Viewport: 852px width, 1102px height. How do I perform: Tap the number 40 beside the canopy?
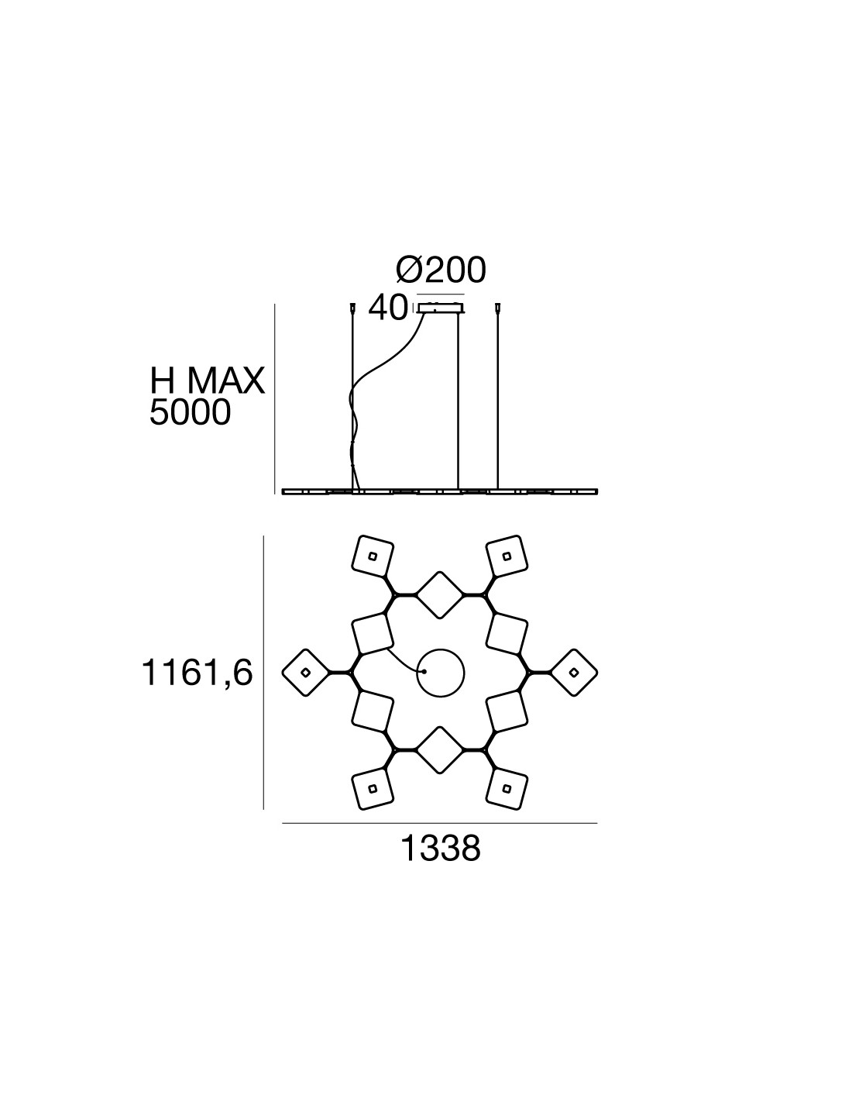point(388,308)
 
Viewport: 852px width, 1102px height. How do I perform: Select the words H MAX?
point(207,381)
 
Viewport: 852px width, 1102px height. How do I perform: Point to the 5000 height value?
point(190,413)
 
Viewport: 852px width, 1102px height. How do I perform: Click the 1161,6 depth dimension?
point(197,673)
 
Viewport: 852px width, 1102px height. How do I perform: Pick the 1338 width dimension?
point(440,849)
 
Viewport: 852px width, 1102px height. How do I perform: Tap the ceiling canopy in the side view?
point(441,308)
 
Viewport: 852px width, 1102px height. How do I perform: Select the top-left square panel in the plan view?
point(373,556)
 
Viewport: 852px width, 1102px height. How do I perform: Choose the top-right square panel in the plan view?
point(507,556)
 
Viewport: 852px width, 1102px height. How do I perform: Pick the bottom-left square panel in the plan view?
point(373,789)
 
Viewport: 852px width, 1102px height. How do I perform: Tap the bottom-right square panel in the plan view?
point(507,789)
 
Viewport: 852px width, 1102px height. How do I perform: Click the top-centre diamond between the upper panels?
point(440,594)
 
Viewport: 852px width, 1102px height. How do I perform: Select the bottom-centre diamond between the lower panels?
point(440,750)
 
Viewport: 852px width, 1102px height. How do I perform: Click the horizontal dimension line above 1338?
point(440,823)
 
